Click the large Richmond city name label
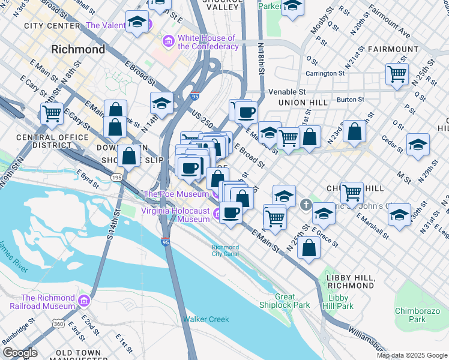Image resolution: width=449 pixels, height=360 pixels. tap(78, 49)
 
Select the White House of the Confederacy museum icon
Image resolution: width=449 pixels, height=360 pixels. tap(169, 41)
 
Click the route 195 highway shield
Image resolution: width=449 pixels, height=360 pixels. tap(116, 178)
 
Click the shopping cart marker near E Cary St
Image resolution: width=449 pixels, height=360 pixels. tap(52, 113)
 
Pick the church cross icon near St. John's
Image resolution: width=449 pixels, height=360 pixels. tap(306, 205)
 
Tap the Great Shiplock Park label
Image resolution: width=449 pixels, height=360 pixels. tap(292, 301)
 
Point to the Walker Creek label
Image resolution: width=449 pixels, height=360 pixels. tap(206, 319)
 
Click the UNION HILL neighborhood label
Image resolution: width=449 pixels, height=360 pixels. tap(303, 103)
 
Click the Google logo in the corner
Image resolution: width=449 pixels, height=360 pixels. tap(19, 352)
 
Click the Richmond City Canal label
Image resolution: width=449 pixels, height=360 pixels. tap(225, 250)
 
